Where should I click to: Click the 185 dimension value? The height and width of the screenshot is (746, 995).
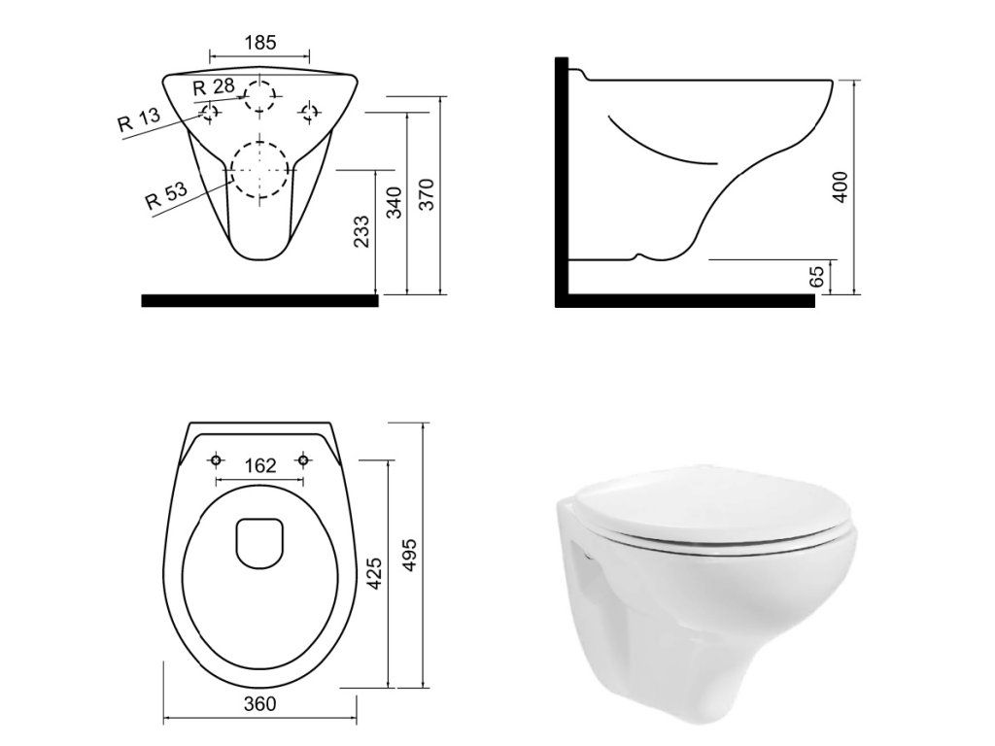260,43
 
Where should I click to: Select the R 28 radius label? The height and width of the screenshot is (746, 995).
214,86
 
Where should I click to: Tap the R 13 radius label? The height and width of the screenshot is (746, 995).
139,119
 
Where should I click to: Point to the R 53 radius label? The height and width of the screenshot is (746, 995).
166,196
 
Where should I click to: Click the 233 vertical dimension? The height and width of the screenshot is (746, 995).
361,231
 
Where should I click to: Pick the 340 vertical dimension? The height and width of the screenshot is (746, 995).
395,202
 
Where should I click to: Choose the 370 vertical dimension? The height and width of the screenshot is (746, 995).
427,194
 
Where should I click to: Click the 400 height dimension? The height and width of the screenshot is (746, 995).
841,187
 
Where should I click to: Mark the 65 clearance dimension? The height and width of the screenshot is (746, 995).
817,276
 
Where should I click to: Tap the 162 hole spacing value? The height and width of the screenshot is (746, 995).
260,465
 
